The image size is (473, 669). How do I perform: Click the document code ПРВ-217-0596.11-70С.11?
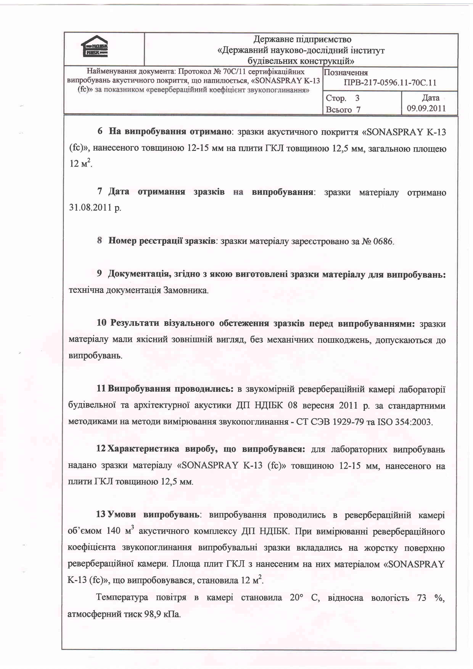click(390, 83)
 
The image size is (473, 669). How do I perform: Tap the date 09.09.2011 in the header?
click(426, 109)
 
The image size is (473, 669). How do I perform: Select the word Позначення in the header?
click(346, 72)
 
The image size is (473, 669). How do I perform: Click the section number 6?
click(100, 131)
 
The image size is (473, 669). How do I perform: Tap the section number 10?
click(102, 323)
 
